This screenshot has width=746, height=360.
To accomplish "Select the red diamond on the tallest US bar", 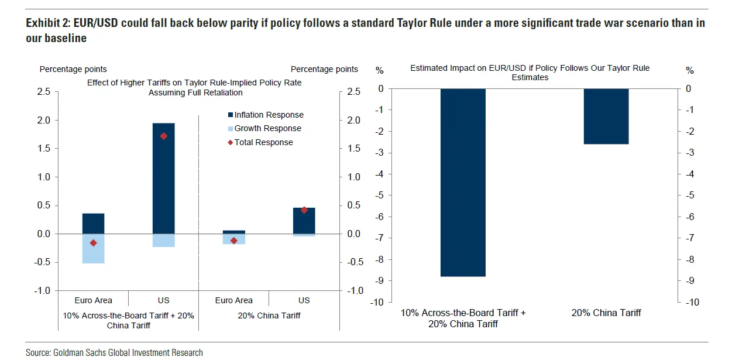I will (x=163, y=136).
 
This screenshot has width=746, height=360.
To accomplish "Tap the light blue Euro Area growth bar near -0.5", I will (x=93, y=249).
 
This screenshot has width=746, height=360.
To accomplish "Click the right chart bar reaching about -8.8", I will (x=463, y=182).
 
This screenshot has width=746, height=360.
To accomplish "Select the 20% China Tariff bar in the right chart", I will (x=606, y=116).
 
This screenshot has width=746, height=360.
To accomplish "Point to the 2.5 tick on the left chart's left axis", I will (x=43, y=92).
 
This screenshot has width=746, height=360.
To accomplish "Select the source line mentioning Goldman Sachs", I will (x=114, y=352).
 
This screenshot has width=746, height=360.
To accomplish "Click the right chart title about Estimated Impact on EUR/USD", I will (x=530, y=73).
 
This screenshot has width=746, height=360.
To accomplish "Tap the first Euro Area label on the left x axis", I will (x=94, y=300).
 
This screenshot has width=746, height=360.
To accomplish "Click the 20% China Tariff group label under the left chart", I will (x=269, y=316).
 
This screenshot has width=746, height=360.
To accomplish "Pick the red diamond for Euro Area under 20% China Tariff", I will (x=233, y=241).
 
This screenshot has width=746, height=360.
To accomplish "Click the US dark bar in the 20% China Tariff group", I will (x=304, y=221).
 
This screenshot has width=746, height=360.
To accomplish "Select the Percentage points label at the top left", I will (x=73, y=69).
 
